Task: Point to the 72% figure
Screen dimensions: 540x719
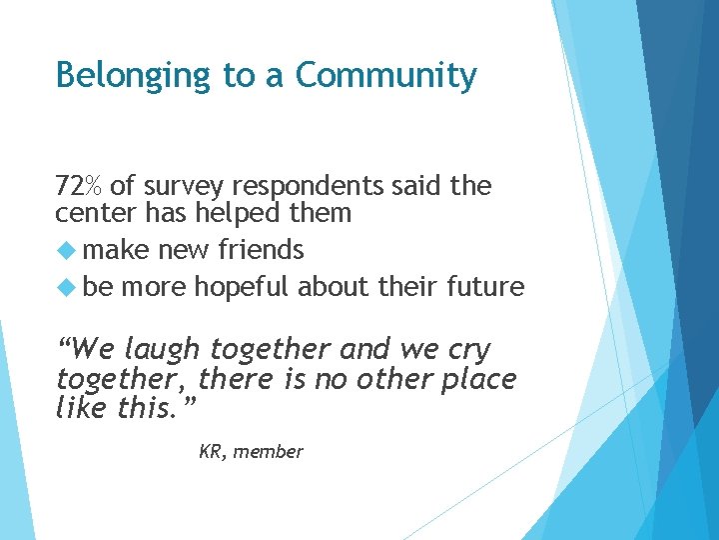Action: point(79,186)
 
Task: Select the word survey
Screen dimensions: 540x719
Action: point(183,187)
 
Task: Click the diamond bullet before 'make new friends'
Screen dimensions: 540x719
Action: point(68,249)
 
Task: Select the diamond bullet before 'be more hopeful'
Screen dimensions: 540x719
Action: point(68,287)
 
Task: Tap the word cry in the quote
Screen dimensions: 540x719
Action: point(469,350)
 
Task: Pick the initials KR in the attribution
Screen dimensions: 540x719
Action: point(212,452)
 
